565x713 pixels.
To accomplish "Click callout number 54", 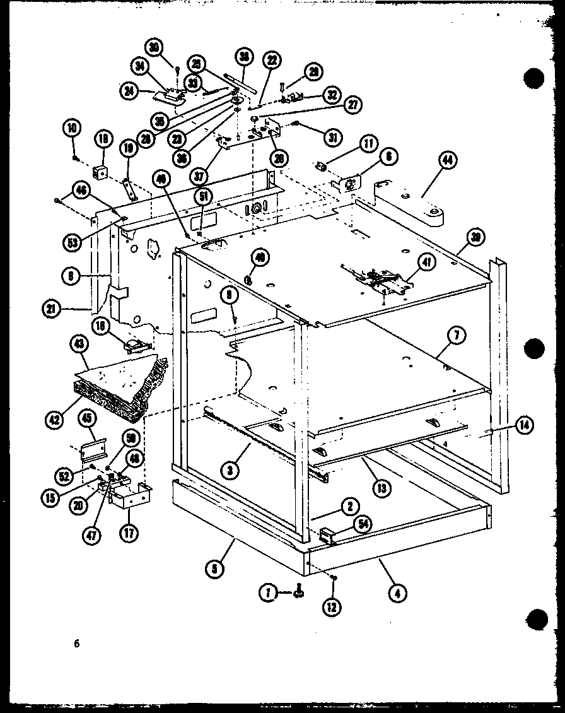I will coord(364,522).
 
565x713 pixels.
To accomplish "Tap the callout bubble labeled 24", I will coord(131,91).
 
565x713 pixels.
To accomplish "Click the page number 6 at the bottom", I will coord(77,644).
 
